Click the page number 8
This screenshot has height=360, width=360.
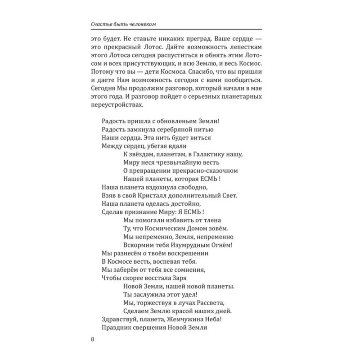click(x=92, y=339)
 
